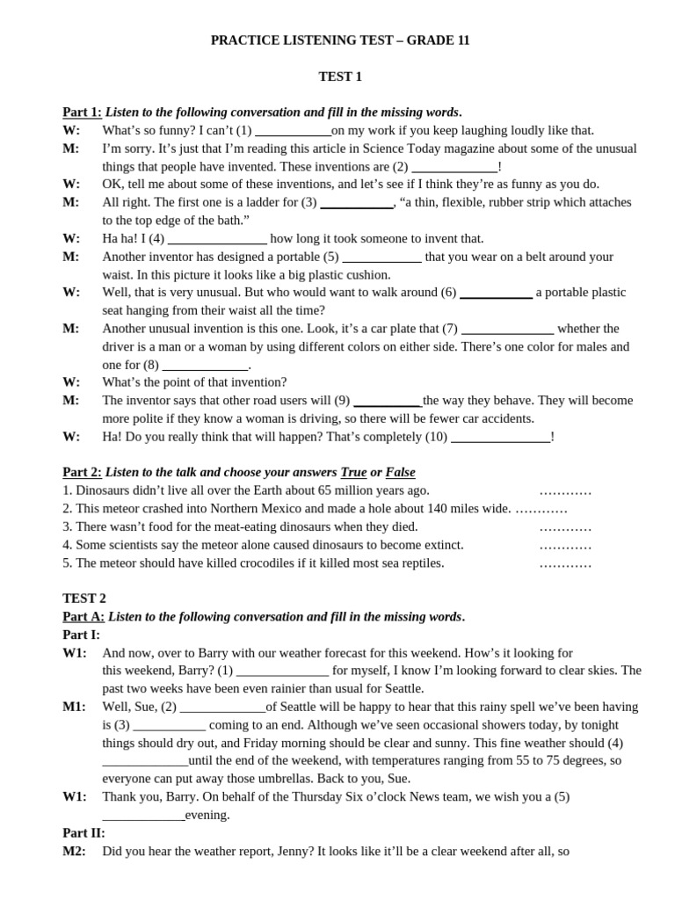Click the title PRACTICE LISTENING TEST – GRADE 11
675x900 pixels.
point(339,40)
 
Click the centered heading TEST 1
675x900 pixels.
point(339,76)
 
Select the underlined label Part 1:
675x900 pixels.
point(82,112)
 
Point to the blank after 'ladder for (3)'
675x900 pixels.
point(356,203)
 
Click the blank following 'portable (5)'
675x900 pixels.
point(381,258)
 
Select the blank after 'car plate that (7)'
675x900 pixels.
point(507,330)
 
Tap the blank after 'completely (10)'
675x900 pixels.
point(500,437)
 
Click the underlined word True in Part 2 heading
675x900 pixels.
point(353,473)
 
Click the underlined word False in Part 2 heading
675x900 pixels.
point(400,473)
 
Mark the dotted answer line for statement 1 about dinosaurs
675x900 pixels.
point(565,491)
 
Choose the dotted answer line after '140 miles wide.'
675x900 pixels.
point(541,509)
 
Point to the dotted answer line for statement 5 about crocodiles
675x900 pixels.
point(565,563)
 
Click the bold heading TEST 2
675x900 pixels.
point(84,599)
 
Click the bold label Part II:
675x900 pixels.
point(83,832)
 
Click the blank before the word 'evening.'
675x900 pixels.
point(143,816)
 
